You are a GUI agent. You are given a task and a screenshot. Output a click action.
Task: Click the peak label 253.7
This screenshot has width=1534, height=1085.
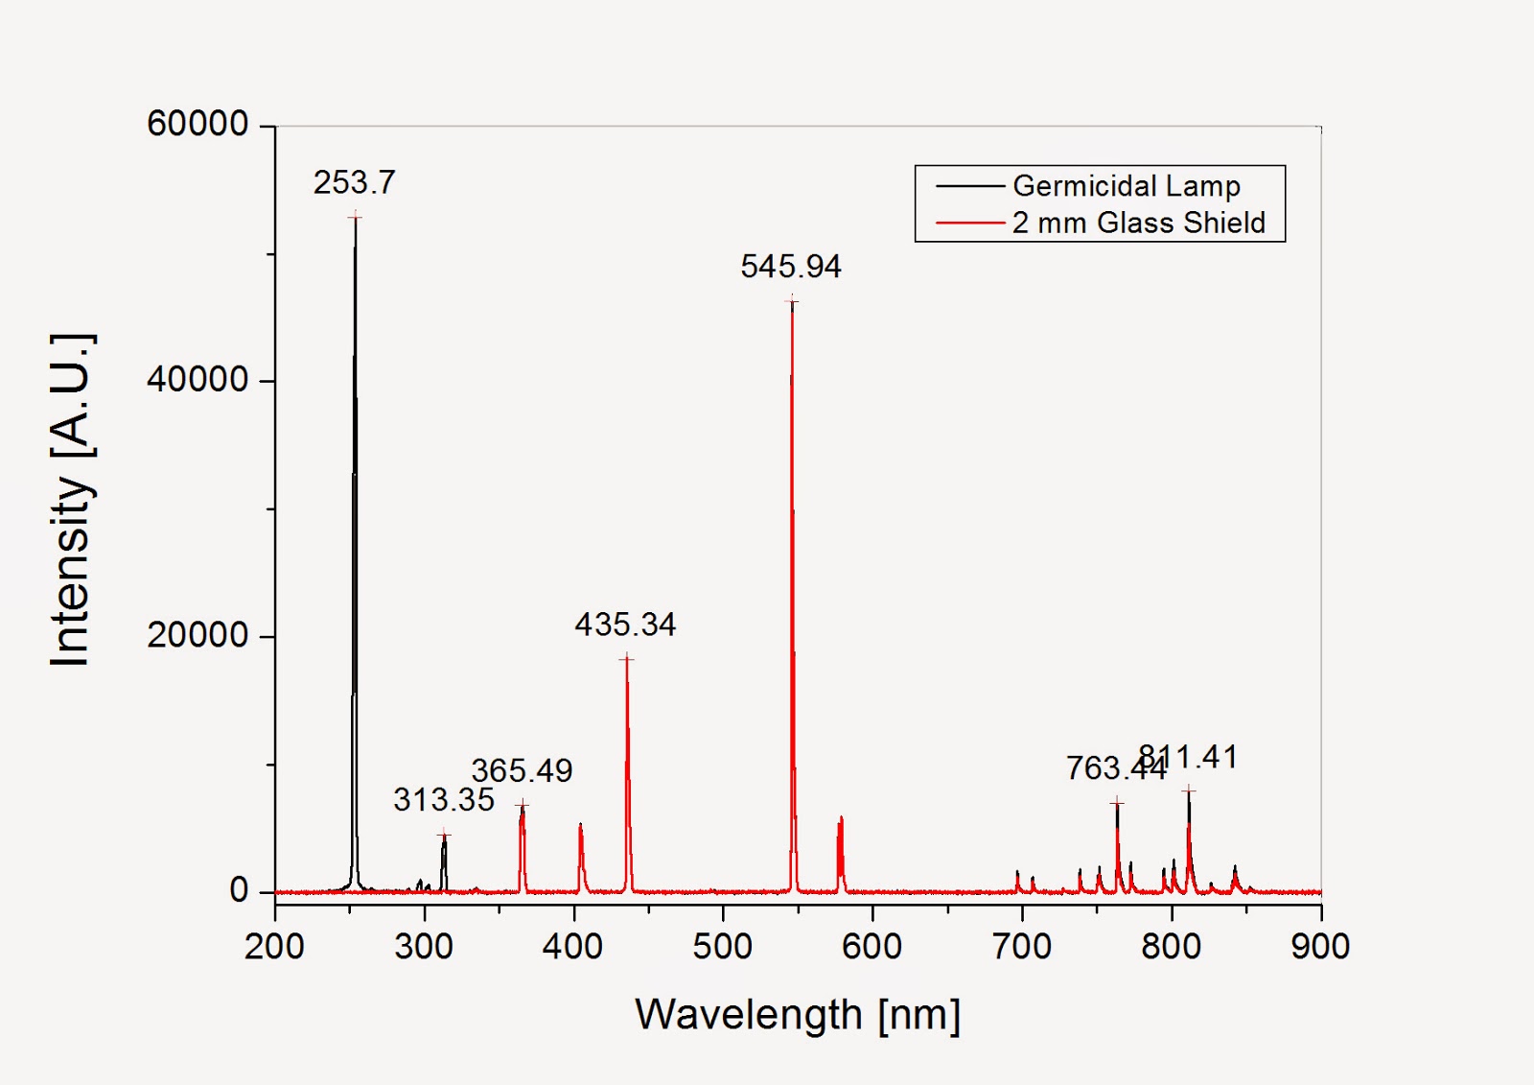coord(354,182)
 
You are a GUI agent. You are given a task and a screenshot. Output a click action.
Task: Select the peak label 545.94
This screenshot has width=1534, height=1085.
coord(790,267)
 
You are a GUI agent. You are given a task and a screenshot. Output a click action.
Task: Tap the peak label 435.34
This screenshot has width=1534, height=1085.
coord(625,625)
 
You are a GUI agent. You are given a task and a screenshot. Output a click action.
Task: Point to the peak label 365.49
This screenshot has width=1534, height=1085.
coord(522,770)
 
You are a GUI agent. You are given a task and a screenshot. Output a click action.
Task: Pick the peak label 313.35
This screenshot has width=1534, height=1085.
coord(443,800)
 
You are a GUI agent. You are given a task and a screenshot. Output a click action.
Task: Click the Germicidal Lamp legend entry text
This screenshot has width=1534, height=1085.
coord(1126,186)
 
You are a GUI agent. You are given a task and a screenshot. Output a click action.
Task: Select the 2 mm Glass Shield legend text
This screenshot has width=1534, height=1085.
coord(1138,223)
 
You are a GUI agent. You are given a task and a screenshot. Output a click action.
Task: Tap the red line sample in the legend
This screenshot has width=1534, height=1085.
coord(969,223)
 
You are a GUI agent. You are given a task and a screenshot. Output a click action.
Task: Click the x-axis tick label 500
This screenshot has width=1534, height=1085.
coord(722,947)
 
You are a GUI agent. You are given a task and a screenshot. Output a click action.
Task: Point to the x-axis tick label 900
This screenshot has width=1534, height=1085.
coord(1319,947)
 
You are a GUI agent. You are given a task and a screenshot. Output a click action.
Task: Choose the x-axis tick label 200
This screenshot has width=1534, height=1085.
coord(274,947)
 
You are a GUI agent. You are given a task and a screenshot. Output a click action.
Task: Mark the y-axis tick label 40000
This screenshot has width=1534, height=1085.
coord(198,380)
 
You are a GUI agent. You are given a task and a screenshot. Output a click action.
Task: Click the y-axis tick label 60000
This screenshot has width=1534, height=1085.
coord(198,124)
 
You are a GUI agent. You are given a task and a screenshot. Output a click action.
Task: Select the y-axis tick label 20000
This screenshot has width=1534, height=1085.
coord(198,635)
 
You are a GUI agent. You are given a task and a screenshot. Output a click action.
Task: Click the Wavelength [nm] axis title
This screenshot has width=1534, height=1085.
coord(797,1014)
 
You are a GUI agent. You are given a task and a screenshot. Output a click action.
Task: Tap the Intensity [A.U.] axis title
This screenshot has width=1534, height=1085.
coord(72,500)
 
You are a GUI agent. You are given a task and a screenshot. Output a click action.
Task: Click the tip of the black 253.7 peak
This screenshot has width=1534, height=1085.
coord(355,217)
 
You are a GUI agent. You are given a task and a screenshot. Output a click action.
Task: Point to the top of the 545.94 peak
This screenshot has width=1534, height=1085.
coord(792,302)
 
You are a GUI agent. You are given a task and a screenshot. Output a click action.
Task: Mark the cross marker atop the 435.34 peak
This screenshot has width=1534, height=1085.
coord(626,659)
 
